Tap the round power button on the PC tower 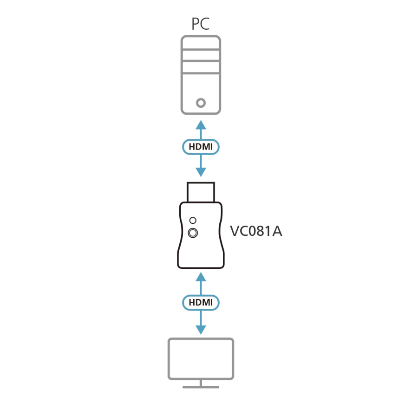pos(201,102)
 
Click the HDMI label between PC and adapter pos(200,147)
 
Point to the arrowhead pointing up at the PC pos(200,125)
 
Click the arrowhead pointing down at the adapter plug pos(200,172)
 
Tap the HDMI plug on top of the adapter pos(201,192)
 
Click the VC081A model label pos(256,231)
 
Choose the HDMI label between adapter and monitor pos(200,303)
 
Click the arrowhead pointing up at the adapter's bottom pos(200,277)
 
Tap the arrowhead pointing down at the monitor pos(200,329)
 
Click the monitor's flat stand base pos(200,386)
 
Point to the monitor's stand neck pos(200,382)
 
